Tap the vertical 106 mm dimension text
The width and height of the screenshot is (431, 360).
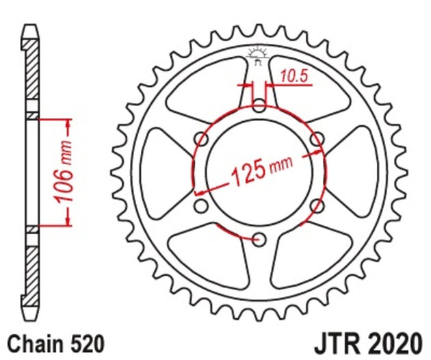(64, 172)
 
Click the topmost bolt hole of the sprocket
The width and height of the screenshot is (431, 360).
(259, 106)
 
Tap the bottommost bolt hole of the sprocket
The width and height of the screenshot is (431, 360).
(259, 239)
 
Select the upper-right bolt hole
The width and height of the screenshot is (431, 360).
(316, 140)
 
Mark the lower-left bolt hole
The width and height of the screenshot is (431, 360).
(201, 205)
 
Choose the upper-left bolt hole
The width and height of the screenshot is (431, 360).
(202, 140)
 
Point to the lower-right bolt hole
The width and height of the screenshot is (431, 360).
(316, 205)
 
